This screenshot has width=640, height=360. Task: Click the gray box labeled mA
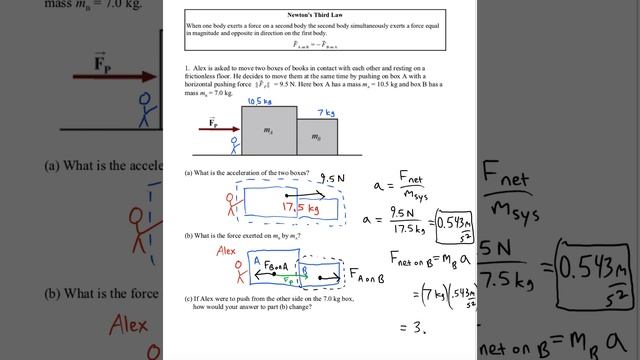(x=268, y=130)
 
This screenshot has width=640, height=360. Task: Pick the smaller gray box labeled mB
(x=317, y=137)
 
